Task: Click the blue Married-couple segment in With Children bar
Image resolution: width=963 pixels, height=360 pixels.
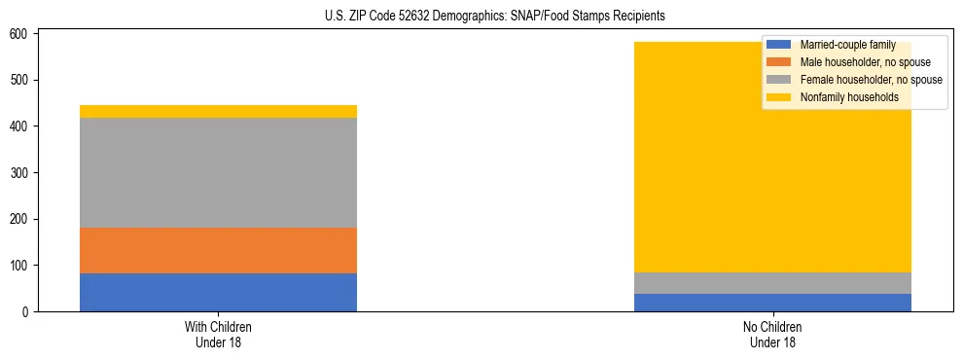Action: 218,292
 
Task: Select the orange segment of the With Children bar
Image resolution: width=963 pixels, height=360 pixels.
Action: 218,250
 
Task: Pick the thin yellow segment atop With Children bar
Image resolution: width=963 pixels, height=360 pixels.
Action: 218,111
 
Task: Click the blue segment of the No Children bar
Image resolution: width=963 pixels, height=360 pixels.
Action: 772,302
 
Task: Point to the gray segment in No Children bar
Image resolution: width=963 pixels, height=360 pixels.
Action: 772,283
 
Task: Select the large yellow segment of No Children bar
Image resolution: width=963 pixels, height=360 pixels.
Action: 681,175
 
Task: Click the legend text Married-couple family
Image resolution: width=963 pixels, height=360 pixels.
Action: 847,46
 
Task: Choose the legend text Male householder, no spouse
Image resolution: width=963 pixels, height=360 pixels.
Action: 865,62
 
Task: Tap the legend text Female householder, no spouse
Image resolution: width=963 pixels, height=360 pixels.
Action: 871,80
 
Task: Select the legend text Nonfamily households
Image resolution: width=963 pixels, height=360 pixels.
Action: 848,97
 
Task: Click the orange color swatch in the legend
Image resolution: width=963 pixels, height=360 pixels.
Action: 779,62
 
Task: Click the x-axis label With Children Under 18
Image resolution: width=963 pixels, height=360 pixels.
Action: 218,334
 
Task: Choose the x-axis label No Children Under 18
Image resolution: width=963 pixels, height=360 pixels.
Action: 772,334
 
